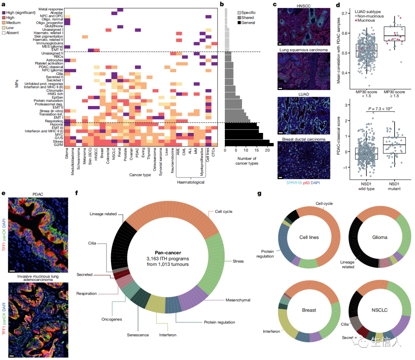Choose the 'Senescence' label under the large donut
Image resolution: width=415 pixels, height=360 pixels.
pyautogui.click(x=138, y=335)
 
